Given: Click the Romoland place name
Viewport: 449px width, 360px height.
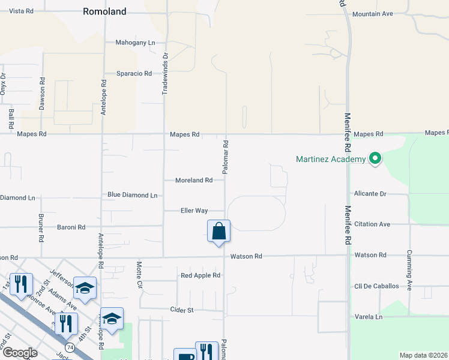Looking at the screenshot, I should point(105,11).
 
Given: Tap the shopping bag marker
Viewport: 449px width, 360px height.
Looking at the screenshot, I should point(218,232).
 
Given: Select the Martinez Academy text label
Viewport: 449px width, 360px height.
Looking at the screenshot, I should point(331,159).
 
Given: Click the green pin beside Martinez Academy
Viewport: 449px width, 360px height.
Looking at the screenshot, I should point(376,159).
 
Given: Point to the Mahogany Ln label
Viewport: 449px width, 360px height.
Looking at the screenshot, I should point(135,43).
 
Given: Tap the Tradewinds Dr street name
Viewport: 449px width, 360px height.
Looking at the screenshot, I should point(166,71).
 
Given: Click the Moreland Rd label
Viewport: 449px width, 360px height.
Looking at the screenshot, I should point(194,180).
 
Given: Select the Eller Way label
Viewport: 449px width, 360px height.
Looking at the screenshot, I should point(194,211).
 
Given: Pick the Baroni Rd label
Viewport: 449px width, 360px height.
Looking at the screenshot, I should point(71,227).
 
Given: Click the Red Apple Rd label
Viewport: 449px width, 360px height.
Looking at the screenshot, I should point(200,275).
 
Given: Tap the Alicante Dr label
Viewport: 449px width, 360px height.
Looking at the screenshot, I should point(370,194).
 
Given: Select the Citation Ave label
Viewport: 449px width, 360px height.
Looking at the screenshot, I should point(372,224).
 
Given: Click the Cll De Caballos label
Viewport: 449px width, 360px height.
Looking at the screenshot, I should point(376,286).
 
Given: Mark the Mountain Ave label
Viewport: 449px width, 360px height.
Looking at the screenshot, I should point(372,14).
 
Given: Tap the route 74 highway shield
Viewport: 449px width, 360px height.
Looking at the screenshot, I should point(71,347).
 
